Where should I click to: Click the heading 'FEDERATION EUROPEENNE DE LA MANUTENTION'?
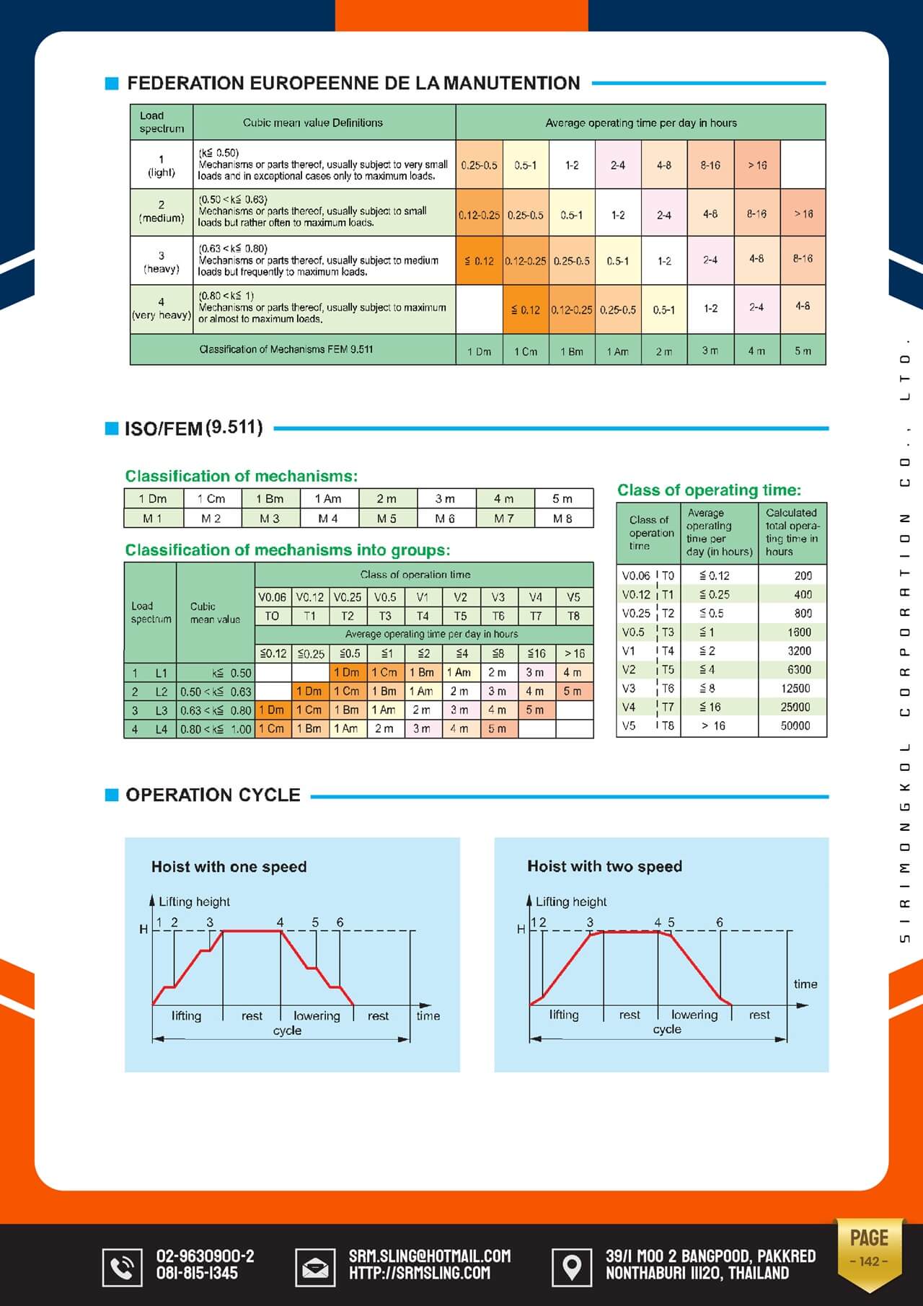(353, 83)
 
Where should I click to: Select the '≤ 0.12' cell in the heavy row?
(480, 261)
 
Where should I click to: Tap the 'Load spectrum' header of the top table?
(162, 122)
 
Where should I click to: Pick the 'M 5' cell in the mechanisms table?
(387, 519)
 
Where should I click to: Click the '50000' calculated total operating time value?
(795, 725)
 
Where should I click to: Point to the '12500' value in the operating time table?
(795, 688)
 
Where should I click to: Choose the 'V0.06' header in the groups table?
(272, 597)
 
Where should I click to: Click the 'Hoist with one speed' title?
(229, 867)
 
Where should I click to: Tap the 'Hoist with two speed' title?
(604, 866)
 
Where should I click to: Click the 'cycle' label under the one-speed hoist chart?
(287, 1031)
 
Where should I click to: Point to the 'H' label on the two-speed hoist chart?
(521, 930)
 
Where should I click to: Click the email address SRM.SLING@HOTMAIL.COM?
(430, 1256)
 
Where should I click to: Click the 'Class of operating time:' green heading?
(709, 490)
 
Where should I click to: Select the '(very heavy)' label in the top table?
(162, 315)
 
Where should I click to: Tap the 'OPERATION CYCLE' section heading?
(213, 795)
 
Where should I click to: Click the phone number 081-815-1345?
(197, 1274)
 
